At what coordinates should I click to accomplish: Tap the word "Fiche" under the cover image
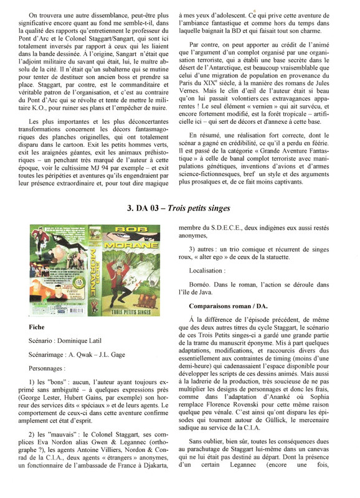click(x=37, y=326)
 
